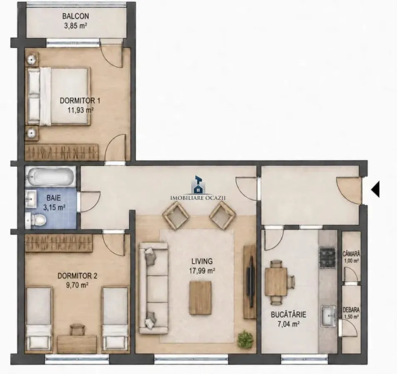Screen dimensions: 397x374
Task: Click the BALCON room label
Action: (x=76, y=16)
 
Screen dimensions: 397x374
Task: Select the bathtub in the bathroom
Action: (x=50, y=177)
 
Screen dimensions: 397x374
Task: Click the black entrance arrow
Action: (x=375, y=189)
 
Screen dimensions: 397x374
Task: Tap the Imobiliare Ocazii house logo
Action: (x=198, y=185)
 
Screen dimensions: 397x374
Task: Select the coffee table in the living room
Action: (x=200, y=298)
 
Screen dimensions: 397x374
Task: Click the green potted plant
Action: (x=245, y=339)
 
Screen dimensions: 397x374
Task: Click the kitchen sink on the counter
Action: (x=329, y=316)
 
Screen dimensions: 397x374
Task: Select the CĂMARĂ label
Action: (x=351, y=254)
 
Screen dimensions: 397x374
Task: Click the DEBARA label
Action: (x=351, y=310)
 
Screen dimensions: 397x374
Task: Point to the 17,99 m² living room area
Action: (x=202, y=271)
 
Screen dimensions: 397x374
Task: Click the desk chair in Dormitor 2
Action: (x=77, y=330)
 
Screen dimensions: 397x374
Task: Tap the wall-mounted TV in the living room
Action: (x=250, y=276)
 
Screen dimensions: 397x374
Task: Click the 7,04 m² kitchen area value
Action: (x=288, y=323)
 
